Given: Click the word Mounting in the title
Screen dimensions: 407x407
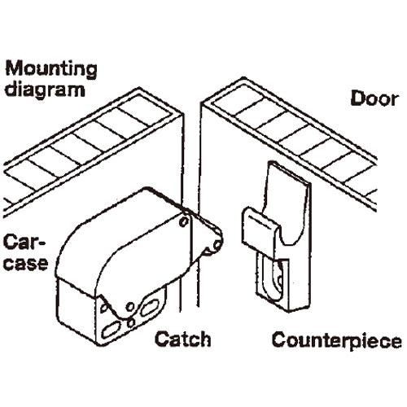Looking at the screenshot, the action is click(51, 69).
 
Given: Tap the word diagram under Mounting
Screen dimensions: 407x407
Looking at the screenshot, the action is click(45, 90).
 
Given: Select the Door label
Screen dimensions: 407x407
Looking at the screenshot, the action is click(374, 98).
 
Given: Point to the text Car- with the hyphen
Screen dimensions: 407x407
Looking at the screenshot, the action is click(24, 243).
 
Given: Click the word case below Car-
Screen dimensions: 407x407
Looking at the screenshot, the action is click(26, 263).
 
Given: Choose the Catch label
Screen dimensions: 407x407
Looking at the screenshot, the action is click(182, 339).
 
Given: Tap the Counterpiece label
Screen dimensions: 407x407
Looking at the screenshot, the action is click(336, 340).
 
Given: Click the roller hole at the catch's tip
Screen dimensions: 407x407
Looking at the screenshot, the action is click(217, 245).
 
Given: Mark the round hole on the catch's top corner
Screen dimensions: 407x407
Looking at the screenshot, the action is click(184, 221).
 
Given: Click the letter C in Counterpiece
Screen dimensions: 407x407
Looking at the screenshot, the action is click(280, 339).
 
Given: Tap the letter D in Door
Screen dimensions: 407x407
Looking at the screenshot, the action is click(357, 98).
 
